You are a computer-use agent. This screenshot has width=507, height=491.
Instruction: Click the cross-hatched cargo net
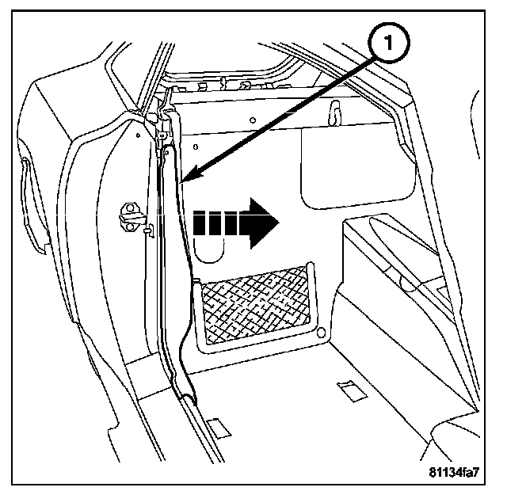(x=257, y=305)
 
